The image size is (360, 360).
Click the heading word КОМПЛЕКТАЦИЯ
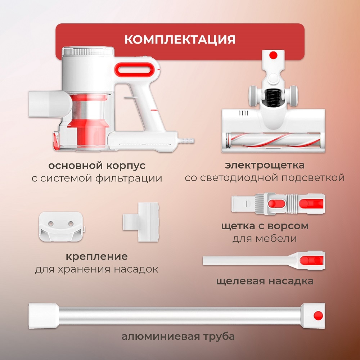coord(180,39)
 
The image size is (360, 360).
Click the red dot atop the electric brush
coord(273,55)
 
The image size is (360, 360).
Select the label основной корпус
coord(97,166)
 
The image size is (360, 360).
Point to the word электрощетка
coord(265,165)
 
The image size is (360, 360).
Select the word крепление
coord(96,257)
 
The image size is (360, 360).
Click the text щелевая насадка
coord(265,281)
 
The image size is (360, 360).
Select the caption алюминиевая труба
coord(178,337)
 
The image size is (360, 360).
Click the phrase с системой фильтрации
coord(97,179)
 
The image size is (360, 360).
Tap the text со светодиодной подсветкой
coord(265,178)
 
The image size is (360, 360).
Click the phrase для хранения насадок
coord(96,269)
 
